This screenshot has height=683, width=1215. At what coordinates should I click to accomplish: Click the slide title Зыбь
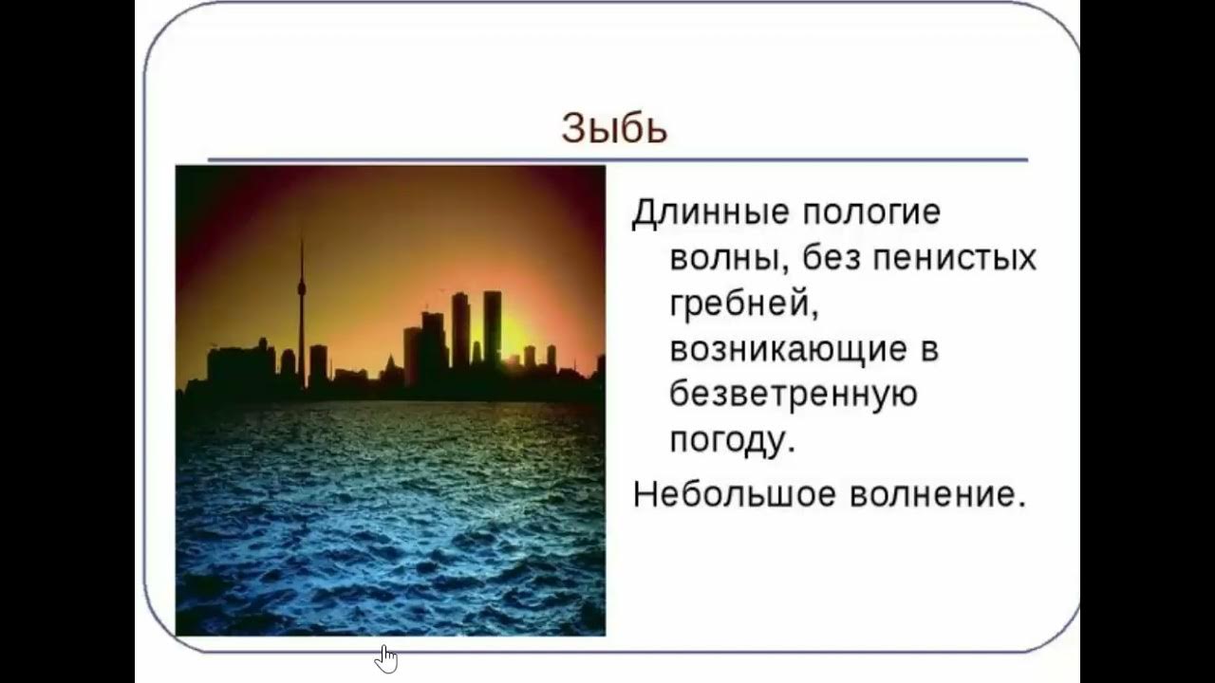614,128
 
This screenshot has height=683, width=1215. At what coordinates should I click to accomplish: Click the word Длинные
710,212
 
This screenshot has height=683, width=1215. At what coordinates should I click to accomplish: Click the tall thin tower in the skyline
302,323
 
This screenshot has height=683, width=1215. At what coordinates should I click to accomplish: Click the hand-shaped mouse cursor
385,657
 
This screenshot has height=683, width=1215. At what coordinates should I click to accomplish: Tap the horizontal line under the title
617,159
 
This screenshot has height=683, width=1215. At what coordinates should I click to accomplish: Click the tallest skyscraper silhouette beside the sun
492,327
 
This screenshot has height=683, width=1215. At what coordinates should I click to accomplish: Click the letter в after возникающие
929,350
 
